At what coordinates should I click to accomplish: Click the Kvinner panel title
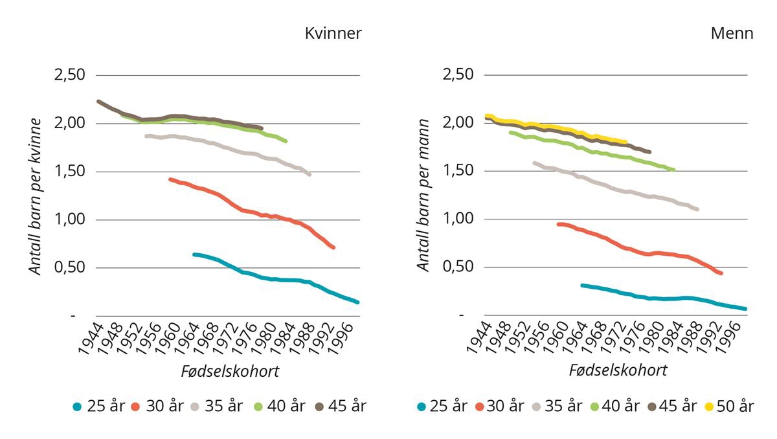pos(333,34)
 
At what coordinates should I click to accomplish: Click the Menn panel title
pos(732,34)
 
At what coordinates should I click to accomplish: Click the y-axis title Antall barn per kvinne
pos(36,196)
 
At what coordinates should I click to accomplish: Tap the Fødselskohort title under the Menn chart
pos(618,370)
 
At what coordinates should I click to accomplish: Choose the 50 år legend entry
pos(728,407)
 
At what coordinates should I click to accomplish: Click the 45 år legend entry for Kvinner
pos(340,407)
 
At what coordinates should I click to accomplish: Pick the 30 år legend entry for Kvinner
pos(157,407)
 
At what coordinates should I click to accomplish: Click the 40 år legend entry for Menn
pos(613,407)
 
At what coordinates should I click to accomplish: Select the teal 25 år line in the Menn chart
pos(647,298)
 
